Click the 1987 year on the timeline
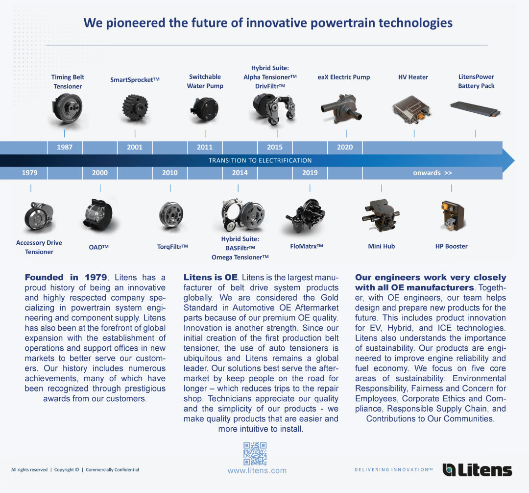click(x=65, y=147)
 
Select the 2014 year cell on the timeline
click(x=240, y=173)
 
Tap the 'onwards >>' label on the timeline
click(x=432, y=173)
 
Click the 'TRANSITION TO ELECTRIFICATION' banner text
click(x=260, y=160)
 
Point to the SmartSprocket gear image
click(x=135, y=108)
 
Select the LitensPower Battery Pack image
click(x=475, y=109)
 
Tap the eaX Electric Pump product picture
click(x=341, y=108)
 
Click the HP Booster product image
click(x=453, y=216)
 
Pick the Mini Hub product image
click(x=381, y=215)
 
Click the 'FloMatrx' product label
click(x=306, y=246)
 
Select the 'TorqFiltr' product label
click(x=172, y=247)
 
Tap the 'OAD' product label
click(x=98, y=247)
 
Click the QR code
click(x=255, y=454)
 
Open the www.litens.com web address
click(x=257, y=471)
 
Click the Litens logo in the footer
click(x=477, y=469)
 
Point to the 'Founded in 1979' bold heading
click(x=66, y=278)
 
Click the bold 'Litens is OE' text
click(x=211, y=278)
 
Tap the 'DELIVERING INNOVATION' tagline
click(x=393, y=469)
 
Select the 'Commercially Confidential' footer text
click(x=112, y=469)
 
